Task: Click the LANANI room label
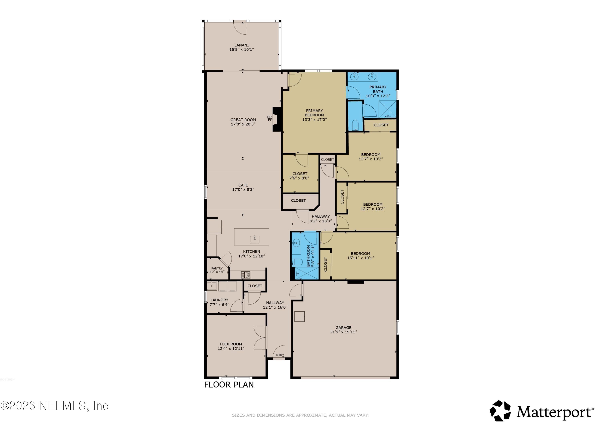[x=241, y=45]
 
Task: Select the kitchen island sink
[x=254, y=239]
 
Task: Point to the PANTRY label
[x=217, y=269]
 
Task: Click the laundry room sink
[x=212, y=286]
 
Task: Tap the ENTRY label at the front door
[x=279, y=355]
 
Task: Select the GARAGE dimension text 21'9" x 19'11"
[x=343, y=332]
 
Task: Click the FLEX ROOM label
[x=231, y=344]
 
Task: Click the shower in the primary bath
[x=388, y=109]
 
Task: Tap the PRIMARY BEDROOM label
[x=314, y=113]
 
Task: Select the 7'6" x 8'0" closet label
[x=299, y=178]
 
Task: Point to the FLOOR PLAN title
[x=229, y=385]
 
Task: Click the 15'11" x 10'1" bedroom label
[x=360, y=258]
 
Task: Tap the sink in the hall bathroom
[x=296, y=243]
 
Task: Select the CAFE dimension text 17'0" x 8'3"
[x=243, y=189]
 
